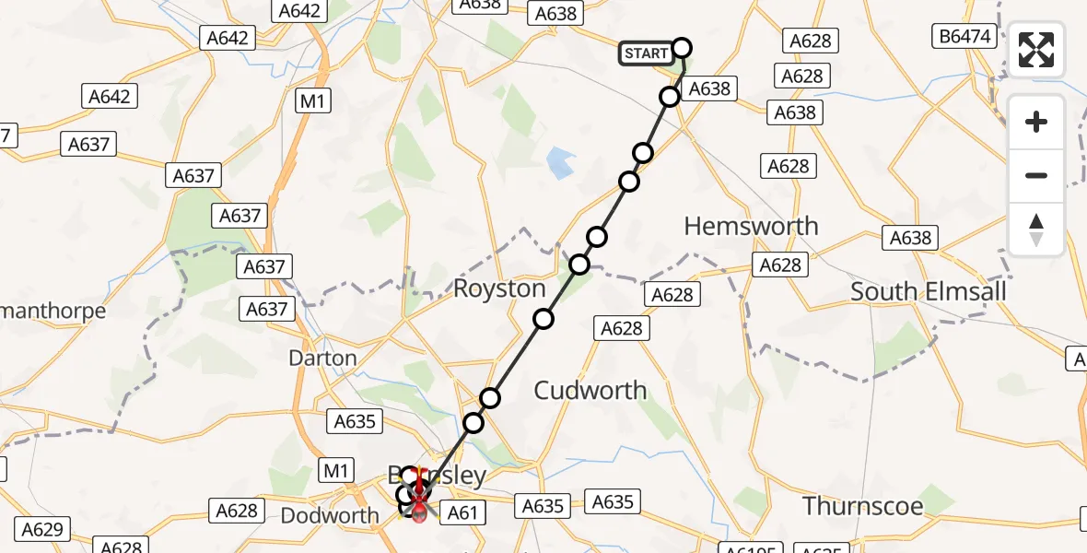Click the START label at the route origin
646,53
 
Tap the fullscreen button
1036,50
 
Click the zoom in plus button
1036,122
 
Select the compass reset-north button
1036,229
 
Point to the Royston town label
499,288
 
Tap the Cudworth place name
590,390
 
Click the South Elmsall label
928,291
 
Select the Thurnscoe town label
862,505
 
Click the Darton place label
322,358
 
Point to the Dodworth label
329,515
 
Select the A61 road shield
462,512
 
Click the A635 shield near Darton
356,421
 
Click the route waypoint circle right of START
682,48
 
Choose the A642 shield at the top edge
299,11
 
